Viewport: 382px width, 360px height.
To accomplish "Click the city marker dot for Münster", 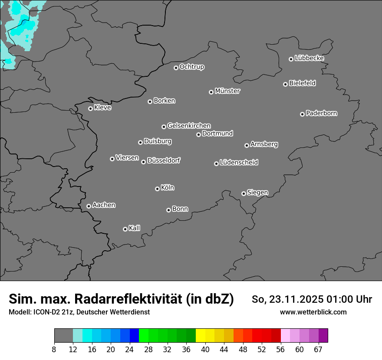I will click(x=211, y=92).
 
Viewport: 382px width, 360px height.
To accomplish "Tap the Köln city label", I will click(x=168, y=188).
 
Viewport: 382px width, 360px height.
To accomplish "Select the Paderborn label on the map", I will click(x=322, y=113).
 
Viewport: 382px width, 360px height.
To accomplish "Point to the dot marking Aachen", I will click(x=89, y=206).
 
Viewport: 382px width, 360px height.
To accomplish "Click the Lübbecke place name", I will click(x=309, y=58).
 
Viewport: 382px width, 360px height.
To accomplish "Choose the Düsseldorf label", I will click(x=164, y=160).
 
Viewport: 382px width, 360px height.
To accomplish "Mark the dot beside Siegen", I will click(x=244, y=193).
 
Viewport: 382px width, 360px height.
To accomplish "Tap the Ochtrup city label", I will click(x=192, y=67).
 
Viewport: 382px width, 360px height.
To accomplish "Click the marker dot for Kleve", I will click(x=90, y=108).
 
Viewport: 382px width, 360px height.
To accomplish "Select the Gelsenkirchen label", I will click(x=189, y=126).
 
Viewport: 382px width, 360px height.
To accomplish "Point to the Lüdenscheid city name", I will click(x=239, y=163).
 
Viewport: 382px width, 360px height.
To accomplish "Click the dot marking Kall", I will click(x=125, y=229).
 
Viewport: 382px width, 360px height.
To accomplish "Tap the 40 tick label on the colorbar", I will click(x=205, y=350).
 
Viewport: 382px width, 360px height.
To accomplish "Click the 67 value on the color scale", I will click(x=318, y=350).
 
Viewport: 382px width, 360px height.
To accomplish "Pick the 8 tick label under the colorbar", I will click(x=54, y=350).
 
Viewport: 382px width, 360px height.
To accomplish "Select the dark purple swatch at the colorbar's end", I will click(x=323, y=336).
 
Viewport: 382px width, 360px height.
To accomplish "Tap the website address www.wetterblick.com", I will click(x=313, y=312).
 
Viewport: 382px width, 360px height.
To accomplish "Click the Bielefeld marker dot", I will click(x=285, y=84).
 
